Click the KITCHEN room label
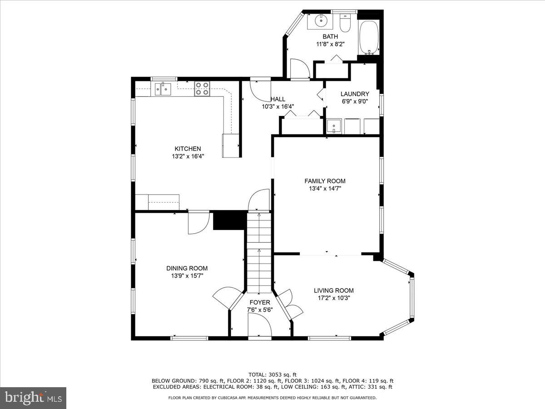click(188, 149)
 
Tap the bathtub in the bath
click(368, 37)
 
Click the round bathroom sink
click(321, 20)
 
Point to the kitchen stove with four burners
click(202, 89)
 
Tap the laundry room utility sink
click(334, 126)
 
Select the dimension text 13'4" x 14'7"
click(325, 188)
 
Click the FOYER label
click(260, 302)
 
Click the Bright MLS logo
click(33, 398)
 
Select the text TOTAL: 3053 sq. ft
click(272, 374)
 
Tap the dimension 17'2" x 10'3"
click(333, 298)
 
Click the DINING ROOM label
click(187, 268)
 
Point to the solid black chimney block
click(229, 220)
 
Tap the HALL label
click(277, 99)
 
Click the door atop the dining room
click(198, 222)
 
